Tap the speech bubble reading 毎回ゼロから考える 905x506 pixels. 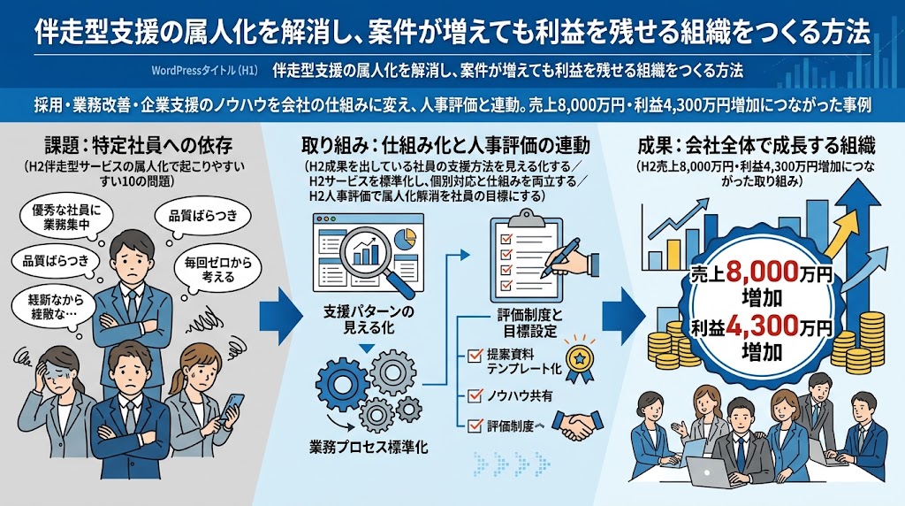click(218, 270)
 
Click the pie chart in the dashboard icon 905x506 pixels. click(408, 237)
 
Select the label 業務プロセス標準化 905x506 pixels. click(369, 447)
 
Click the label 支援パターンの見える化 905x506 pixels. click(369, 320)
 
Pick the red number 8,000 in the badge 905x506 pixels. click(762, 272)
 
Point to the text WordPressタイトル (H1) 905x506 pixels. click(204, 71)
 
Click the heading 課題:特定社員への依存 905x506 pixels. click(139, 144)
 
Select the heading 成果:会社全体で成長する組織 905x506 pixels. click(757, 144)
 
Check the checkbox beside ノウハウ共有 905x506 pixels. click(475, 395)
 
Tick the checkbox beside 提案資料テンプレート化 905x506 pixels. click(475, 356)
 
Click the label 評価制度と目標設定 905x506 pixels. click(529, 323)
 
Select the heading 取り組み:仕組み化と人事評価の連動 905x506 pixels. click(445, 144)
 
